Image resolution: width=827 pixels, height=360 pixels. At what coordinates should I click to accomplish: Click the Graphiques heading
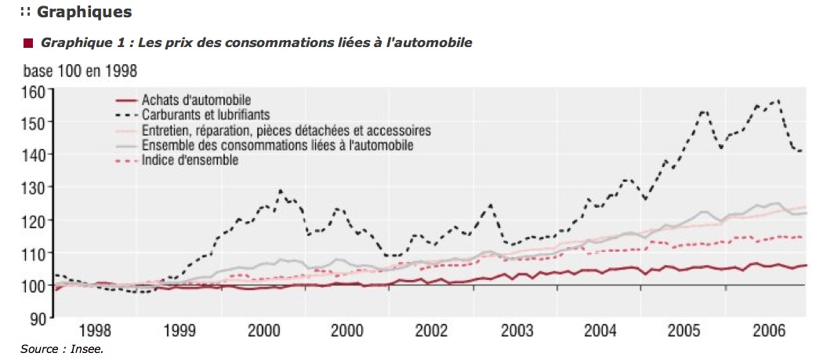pos(74,13)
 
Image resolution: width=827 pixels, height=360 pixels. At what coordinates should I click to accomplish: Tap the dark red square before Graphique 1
pos(29,42)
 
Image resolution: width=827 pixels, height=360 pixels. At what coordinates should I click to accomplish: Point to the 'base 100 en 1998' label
pos(80,71)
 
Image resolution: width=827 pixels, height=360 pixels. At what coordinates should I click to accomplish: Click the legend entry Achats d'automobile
pos(195,100)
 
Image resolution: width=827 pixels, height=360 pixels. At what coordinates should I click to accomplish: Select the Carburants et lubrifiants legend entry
pos(205,115)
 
